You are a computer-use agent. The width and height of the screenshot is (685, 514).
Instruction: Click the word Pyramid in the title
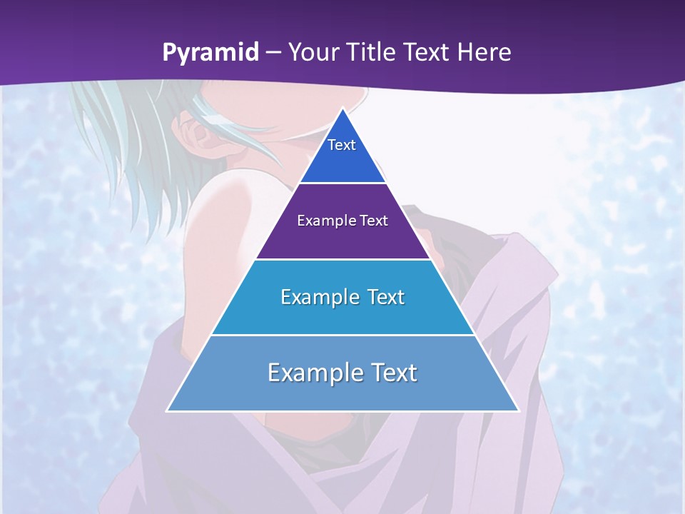pos(210,53)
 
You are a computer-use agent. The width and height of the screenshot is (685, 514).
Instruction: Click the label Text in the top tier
pos(342,145)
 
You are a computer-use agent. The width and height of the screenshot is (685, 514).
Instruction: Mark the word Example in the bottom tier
pos(313,373)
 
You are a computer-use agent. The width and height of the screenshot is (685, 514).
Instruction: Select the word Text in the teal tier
pos(385,297)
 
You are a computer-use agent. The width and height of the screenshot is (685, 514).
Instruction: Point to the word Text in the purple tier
pos(374,221)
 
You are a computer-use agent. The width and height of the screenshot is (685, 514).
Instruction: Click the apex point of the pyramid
pos(342,109)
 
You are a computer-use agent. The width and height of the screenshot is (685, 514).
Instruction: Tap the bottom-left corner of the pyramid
pos(168,410)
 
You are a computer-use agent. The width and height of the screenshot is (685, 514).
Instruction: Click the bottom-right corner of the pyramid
pos(518,410)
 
